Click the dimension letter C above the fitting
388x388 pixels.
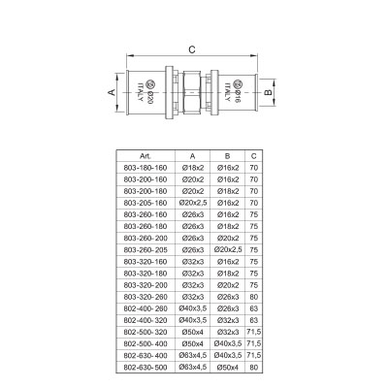(192, 49)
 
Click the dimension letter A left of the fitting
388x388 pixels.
(112, 92)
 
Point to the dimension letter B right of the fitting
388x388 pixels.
(268, 92)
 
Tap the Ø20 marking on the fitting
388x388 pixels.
(149, 93)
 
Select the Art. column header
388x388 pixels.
(145, 156)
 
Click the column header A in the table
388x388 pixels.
(192, 156)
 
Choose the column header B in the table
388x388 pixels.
(227, 156)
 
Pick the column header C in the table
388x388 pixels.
(254, 156)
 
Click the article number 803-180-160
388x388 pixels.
(145, 168)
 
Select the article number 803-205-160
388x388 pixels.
(145, 203)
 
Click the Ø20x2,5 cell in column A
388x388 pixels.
(193, 203)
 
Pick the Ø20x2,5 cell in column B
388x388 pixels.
(228, 249)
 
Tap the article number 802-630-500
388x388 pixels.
(145, 368)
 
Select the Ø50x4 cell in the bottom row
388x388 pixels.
(228, 368)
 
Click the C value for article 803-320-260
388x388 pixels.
(254, 297)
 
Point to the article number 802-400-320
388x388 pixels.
(145, 320)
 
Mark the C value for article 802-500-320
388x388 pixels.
(254, 332)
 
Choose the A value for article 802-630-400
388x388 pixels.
(193, 356)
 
